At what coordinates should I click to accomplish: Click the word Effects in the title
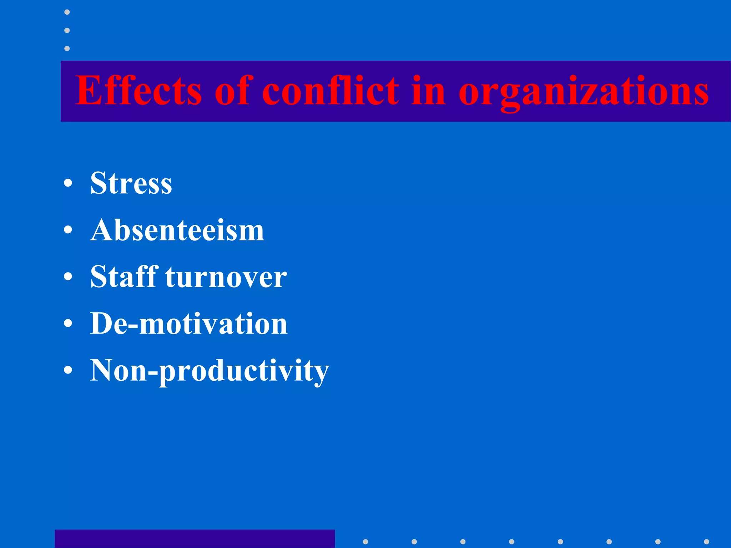click(x=138, y=91)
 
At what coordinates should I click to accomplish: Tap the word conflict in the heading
click(x=331, y=91)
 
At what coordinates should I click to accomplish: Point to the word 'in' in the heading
click(x=428, y=91)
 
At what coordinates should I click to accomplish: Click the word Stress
click(x=131, y=183)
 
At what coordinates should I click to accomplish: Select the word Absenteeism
click(x=177, y=230)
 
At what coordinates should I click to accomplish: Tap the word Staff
click(x=124, y=277)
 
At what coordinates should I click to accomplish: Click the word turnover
click(x=226, y=278)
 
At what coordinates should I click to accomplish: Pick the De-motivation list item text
click(x=188, y=324)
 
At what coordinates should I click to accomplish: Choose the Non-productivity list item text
click(x=210, y=371)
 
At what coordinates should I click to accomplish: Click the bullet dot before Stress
click(x=68, y=184)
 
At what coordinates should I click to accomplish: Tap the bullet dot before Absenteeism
click(x=68, y=230)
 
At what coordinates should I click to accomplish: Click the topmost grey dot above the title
click(x=67, y=12)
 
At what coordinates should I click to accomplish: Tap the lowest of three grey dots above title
click(x=67, y=49)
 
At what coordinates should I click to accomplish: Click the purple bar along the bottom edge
click(x=195, y=539)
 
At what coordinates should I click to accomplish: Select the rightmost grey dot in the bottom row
click(x=706, y=542)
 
